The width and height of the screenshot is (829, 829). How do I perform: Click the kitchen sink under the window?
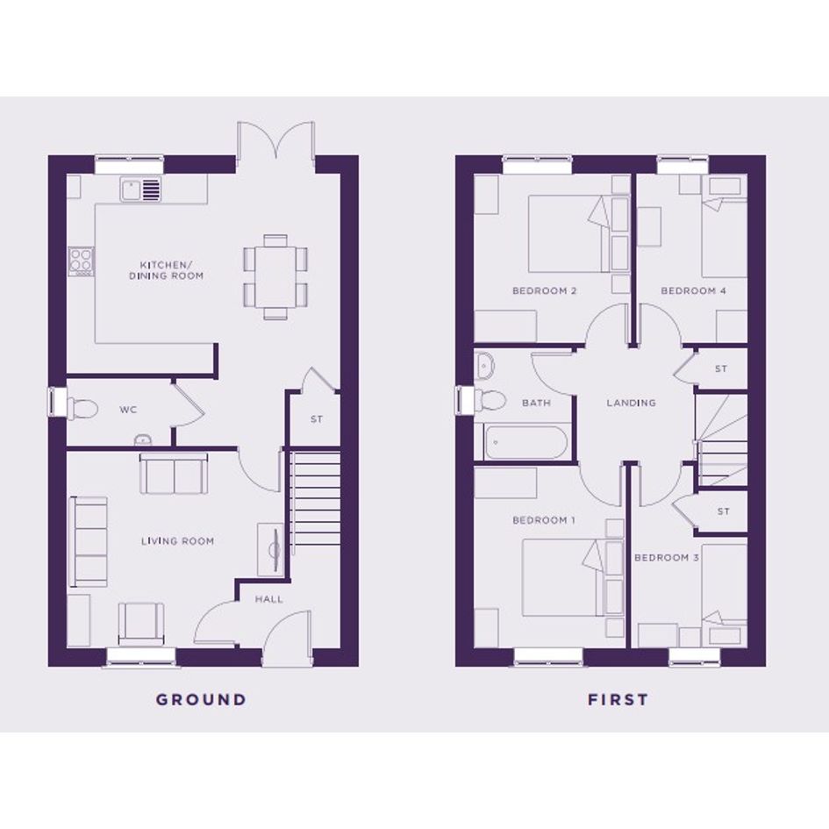click(140, 189)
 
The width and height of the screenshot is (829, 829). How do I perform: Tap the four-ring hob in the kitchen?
click(81, 261)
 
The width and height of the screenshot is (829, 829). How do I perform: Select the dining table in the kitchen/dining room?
click(275, 277)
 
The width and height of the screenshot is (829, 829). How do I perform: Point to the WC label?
click(128, 410)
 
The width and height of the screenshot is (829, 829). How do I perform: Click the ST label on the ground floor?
click(317, 419)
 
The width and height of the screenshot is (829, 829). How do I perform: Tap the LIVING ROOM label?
click(177, 541)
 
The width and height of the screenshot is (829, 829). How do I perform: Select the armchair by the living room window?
click(141, 624)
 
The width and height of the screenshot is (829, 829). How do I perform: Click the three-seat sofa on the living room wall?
click(89, 541)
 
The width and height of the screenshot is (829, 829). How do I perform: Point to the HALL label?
click(269, 599)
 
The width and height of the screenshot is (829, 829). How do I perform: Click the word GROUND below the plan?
click(201, 699)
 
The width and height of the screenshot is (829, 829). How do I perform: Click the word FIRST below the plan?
click(618, 699)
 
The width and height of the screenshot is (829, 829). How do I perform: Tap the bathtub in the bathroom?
click(525, 442)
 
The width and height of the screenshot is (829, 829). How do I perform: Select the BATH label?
click(536, 403)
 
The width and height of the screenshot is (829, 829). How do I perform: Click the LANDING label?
click(632, 403)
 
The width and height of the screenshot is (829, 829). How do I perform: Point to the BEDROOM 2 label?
click(544, 290)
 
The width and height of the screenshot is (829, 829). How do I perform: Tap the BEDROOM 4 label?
click(693, 290)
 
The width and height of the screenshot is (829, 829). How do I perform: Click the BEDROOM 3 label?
click(667, 558)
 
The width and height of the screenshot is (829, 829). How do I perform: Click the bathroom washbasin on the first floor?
click(483, 365)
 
